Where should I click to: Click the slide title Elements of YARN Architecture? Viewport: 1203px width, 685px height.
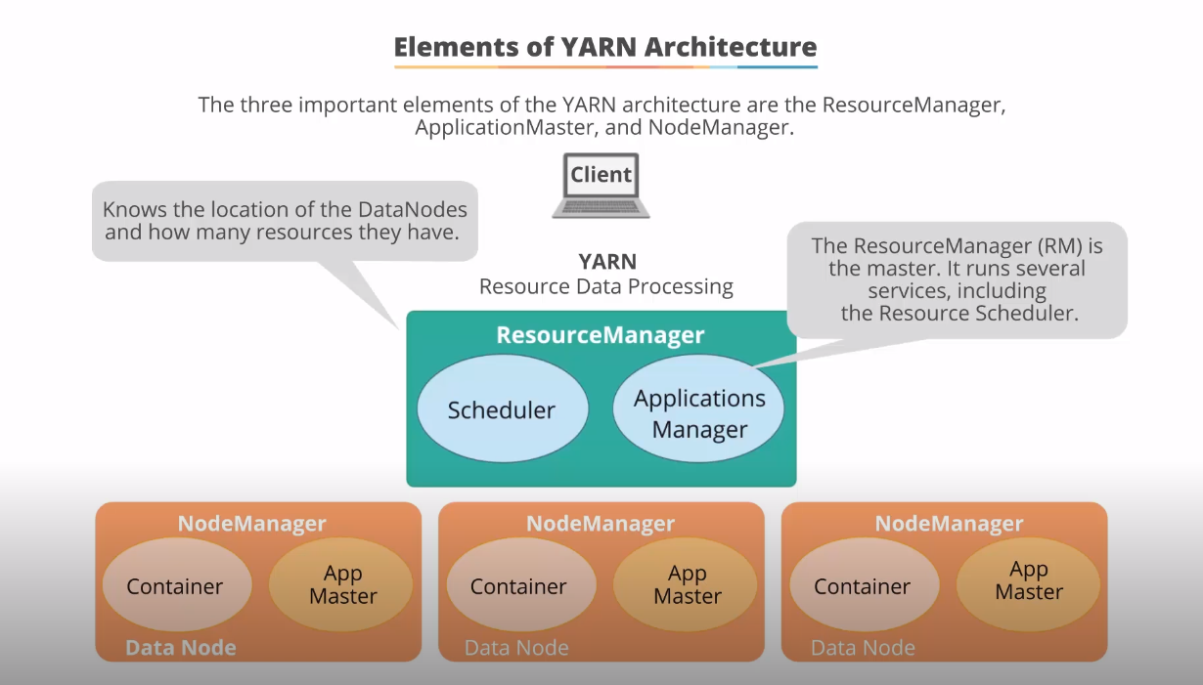pyautogui.click(x=604, y=47)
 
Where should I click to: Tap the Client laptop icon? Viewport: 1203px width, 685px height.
pyautogui.click(x=601, y=185)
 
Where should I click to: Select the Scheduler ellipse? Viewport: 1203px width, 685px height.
pyautogui.click(x=502, y=410)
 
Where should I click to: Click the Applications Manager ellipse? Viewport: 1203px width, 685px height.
pyautogui.click(x=698, y=413)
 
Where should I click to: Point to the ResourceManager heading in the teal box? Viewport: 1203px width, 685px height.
pyautogui.click(x=600, y=335)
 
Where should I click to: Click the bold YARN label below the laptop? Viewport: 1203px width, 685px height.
pyautogui.click(x=606, y=261)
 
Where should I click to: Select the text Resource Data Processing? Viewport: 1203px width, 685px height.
pyautogui.click(x=605, y=286)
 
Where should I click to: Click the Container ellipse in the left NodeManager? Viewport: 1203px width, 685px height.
pyautogui.click(x=176, y=586)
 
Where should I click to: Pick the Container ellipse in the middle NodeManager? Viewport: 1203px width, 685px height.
pyautogui.click(x=519, y=586)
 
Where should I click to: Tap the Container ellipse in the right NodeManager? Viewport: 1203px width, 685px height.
pyautogui.click(x=863, y=586)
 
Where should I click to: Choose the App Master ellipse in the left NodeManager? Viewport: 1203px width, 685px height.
pyautogui.click(x=342, y=584)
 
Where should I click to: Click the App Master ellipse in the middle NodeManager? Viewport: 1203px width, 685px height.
pyautogui.click(x=687, y=584)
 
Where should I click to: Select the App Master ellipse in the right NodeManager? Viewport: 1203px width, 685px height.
pyautogui.click(x=1029, y=581)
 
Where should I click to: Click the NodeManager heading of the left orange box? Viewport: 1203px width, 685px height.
pyautogui.click(x=251, y=524)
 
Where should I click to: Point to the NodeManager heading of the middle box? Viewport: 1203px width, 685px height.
pyautogui.click(x=601, y=524)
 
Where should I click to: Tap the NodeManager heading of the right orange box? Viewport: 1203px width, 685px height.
pyautogui.click(x=949, y=524)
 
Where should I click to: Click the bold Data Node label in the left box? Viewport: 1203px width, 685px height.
pyautogui.click(x=181, y=647)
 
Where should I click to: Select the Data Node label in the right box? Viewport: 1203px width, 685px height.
pyautogui.click(x=863, y=647)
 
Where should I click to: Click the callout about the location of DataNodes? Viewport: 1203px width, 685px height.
pyautogui.click(x=285, y=221)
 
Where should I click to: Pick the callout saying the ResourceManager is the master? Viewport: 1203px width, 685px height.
pyautogui.click(x=957, y=278)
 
